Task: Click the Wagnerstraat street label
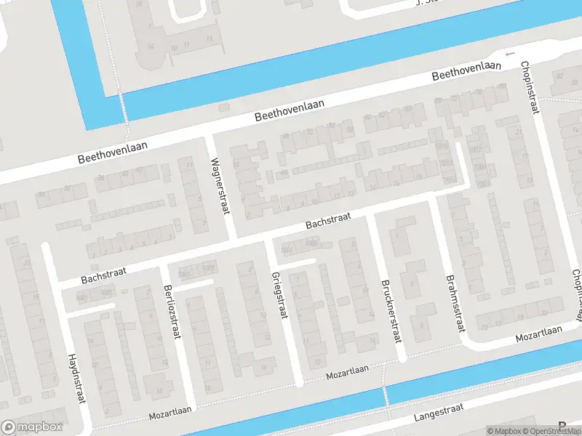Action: pyautogui.click(x=220, y=187)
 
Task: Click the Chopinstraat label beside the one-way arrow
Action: pyautogui.click(x=529, y=87)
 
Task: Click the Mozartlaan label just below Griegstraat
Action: pyautogui.click(x=347, y=372)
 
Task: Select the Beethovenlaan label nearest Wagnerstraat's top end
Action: pyautogui.click(x=289, y=110)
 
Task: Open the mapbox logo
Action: pyautogui.click(x=32, y=427)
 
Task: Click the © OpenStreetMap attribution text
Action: pyautogui.click(x=551, y=431)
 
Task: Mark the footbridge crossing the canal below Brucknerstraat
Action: pyautogui.click(x=384, y=397)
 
